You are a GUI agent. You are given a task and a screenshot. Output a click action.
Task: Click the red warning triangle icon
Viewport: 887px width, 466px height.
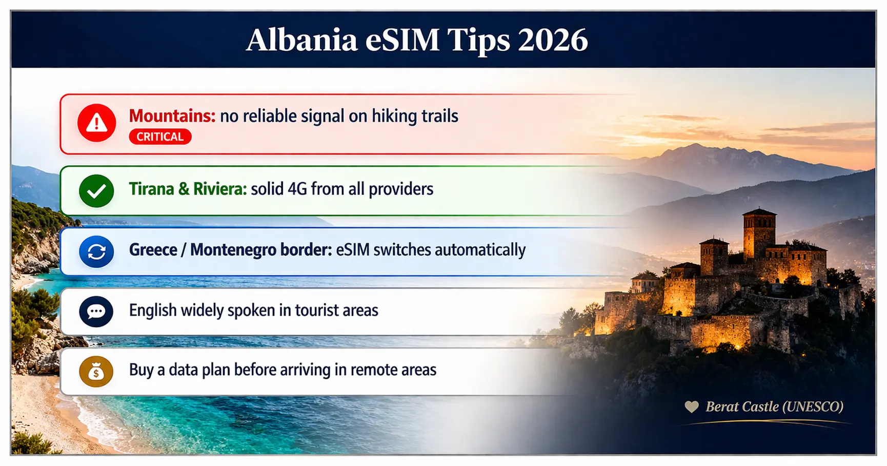coord(96,123)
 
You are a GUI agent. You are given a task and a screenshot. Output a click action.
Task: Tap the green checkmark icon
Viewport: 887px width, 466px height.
coord(96,191)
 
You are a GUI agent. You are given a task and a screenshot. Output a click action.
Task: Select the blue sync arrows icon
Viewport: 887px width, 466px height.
coord(96,251)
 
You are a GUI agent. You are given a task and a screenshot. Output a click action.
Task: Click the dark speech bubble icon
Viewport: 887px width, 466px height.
coord(96,312)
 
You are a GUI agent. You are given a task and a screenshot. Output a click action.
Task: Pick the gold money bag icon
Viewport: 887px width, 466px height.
coord(96,371)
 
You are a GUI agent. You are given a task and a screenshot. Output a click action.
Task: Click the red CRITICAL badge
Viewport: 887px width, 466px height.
coord(160,137)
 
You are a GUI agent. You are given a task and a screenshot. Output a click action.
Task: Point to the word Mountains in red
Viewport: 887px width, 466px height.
coord(172,116)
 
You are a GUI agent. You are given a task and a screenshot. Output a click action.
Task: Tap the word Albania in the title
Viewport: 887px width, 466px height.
coord(301,40)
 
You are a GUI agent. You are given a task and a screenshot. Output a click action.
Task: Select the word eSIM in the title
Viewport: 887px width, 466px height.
coord(402,40)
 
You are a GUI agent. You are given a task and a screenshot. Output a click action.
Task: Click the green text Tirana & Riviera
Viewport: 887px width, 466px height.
coord(188,189)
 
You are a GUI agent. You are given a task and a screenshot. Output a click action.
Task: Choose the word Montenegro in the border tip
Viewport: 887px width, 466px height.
coord(261,250)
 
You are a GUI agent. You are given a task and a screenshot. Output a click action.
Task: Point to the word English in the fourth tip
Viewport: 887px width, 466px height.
coord(153,311)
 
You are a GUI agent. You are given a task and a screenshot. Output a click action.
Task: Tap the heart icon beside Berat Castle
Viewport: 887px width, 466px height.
coord(692,407)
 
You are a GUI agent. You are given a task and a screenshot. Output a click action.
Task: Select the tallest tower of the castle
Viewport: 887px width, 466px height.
coord(759,234)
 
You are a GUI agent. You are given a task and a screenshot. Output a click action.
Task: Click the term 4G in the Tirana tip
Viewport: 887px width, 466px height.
coord(297,189)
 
